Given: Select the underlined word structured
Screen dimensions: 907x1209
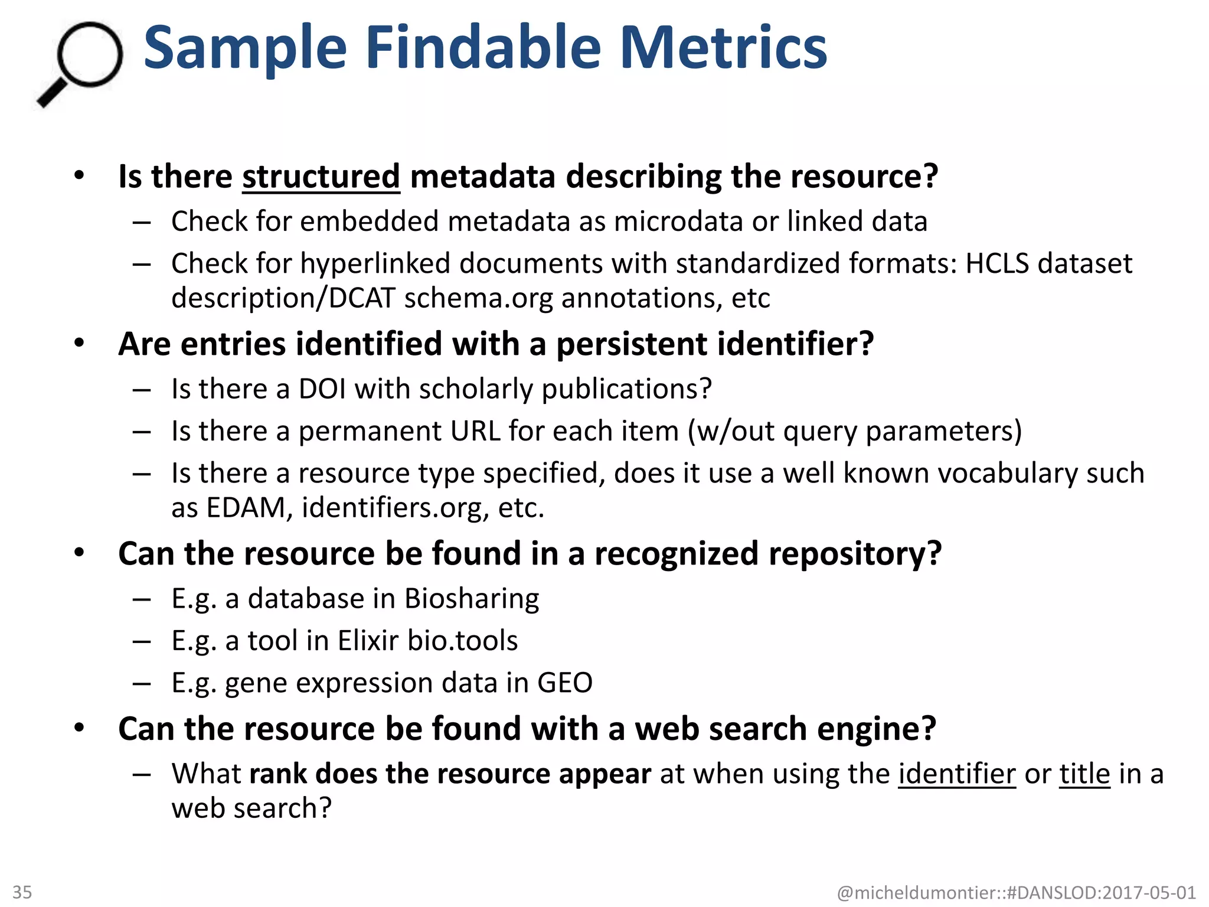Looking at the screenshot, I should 321,177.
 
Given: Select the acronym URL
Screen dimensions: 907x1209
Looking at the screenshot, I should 475,431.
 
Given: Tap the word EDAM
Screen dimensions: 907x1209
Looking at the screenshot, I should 246,508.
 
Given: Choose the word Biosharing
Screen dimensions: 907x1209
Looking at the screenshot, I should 472,599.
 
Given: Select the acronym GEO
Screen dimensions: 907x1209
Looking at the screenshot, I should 564,683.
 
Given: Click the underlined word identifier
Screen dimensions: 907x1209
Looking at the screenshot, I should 957,774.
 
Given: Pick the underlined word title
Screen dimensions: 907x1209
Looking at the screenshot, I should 1084,774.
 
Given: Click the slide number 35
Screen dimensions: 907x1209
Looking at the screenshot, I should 22,892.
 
